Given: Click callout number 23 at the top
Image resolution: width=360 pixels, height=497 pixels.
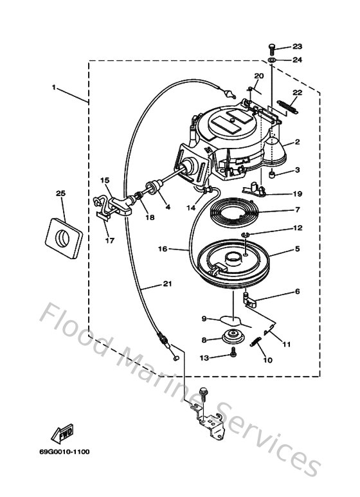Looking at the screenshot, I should point(297,47).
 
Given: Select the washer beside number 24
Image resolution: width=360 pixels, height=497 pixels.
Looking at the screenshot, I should point(272,60).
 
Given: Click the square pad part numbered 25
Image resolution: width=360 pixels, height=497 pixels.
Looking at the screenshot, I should point(63,235).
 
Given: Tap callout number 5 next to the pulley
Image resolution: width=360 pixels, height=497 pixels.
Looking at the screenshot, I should point(297,248).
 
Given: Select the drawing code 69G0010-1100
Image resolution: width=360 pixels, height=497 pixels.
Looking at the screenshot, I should point(67,452).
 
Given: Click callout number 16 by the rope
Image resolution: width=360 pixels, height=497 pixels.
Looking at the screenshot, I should point(163,248).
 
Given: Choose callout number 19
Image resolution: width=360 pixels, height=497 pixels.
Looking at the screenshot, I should point(297,193).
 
